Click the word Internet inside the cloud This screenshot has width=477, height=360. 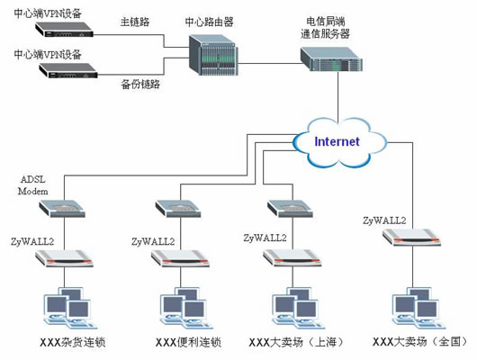[x=337, y=141]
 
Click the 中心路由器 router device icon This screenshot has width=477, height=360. [x=213, y=55]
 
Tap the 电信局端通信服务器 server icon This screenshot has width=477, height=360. [x=331, y=59]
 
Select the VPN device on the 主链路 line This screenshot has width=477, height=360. [x=64, y=29]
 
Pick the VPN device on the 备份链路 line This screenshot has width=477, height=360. [x=68, y=70]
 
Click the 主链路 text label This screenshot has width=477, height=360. [x=135, y=22]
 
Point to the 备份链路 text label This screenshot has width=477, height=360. [x=140, y=84]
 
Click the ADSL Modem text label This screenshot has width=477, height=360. [x=33, y=185]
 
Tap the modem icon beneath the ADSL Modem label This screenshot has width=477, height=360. [x=62, y=209]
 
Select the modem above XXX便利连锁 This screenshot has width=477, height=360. [x=178, y=209]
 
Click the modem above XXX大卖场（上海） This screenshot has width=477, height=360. [x=290, y=209]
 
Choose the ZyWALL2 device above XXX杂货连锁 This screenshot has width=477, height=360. [x=64, y=258]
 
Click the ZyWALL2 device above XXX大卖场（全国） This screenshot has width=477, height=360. [x=411, y=238]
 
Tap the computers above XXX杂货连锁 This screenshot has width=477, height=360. [x=69, y=308]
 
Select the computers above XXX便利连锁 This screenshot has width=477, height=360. [x=185, y=308]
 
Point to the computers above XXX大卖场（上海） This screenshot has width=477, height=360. [x=298, y=308]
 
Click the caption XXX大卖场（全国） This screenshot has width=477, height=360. [x=420, y=342]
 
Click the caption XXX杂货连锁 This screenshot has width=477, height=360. [x=73, y=342]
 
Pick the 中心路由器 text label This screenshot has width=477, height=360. [x=210, y=22]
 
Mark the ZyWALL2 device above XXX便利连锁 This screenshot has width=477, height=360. [x=180, y=258]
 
